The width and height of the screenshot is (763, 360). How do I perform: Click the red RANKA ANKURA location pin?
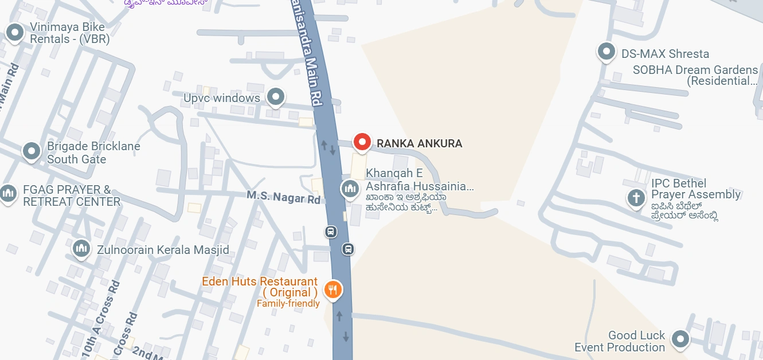click(x=362, y=141)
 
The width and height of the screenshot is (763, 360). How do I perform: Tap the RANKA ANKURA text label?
click(x=419, y=143)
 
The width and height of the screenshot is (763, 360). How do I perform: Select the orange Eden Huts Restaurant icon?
click(x=333, y=289)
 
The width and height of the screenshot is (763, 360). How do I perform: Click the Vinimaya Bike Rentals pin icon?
click(x=14, y=33)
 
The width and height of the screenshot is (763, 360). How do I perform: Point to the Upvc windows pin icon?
click(x=276, y=96)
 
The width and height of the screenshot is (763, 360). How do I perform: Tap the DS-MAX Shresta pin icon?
click(x=606, y=52)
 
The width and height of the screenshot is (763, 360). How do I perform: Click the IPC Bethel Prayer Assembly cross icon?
click(x=636, y=198)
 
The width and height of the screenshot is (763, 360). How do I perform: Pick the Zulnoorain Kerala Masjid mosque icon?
click(x=81, y=248)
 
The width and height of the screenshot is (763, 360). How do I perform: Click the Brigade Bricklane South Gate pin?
click(x=32, y=151)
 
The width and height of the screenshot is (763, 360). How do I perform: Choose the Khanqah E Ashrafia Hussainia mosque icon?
click(x=350, y=187)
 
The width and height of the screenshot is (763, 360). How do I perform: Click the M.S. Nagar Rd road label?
click(x=284, y=197)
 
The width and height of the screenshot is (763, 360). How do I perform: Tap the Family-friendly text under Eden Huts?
click(x=288, y=304)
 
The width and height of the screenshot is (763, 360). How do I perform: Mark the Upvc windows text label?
click(x=222, y=98)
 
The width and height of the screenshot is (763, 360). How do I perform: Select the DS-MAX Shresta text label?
click(x=665, y=54)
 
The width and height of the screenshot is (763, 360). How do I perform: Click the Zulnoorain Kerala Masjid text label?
click(x=163, y=250)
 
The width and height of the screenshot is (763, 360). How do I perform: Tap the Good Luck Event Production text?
click(x=620, y=341)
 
